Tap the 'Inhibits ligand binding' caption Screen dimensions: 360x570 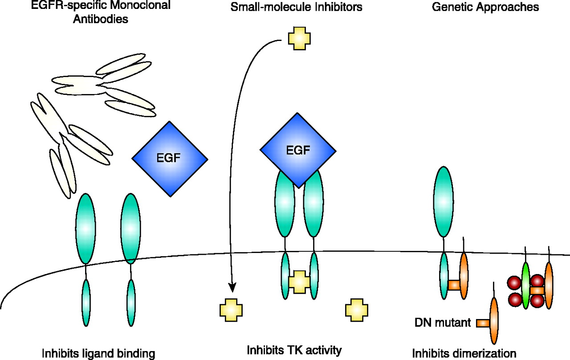pos(98,354)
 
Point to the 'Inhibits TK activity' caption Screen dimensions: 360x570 pos(294,350)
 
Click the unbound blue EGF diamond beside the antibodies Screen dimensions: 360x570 pos(170,158)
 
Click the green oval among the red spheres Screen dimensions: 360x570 pos(526,286)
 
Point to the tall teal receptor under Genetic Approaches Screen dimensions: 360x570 pos(444,201)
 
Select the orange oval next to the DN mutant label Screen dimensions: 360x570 pos(494,321)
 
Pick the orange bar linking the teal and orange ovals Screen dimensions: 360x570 pos(454,284)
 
